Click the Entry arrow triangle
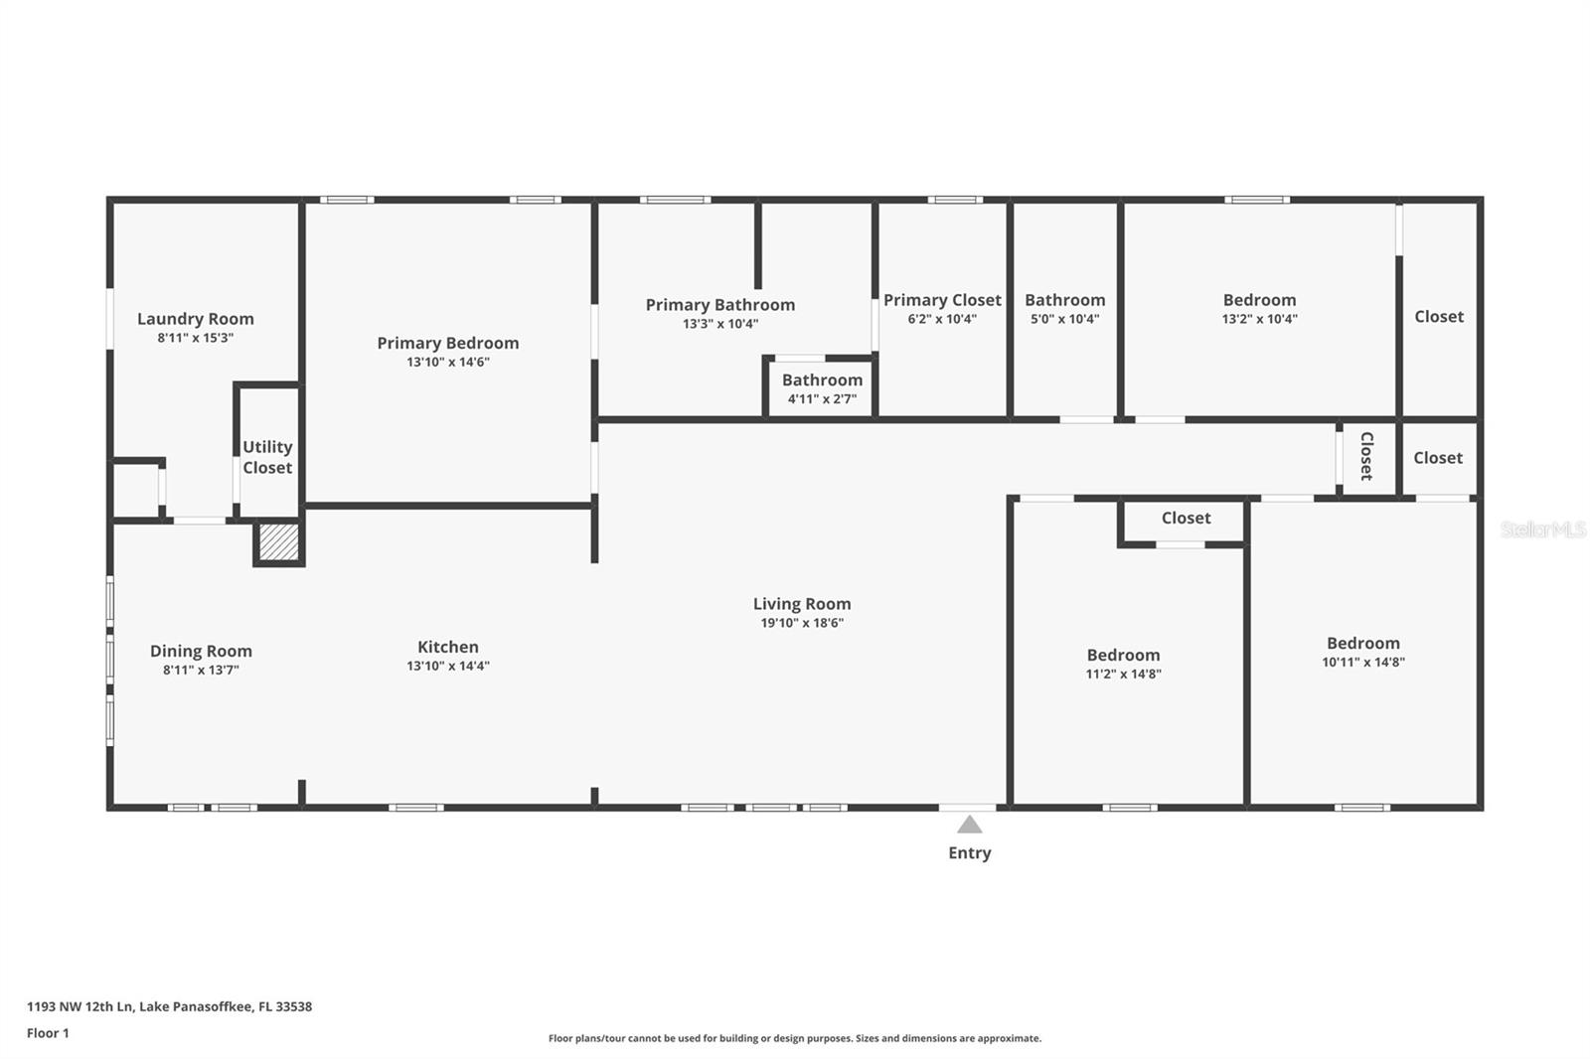[969, 825]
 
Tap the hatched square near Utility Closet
[278, 541]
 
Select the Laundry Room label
[195, 319]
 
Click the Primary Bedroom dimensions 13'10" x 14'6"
[447, 362]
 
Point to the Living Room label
[801, 604]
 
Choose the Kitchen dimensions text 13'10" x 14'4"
[447, 666]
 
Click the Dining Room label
[201, 651]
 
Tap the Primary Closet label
[942, 300]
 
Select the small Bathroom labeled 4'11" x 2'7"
[822, 388]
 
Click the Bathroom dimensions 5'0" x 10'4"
[1064, 319]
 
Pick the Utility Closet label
[267, 457]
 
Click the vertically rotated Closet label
[1366, 456]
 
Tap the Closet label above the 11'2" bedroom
[1186, 518]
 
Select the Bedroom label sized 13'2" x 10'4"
[1259, 300]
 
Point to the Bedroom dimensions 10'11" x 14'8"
[1362, 662]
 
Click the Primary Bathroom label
[719, 305]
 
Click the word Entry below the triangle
[969, 852]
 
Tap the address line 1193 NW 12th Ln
[169, 1006]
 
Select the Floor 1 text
[48, 1033]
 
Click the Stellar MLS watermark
[1542, 529]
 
